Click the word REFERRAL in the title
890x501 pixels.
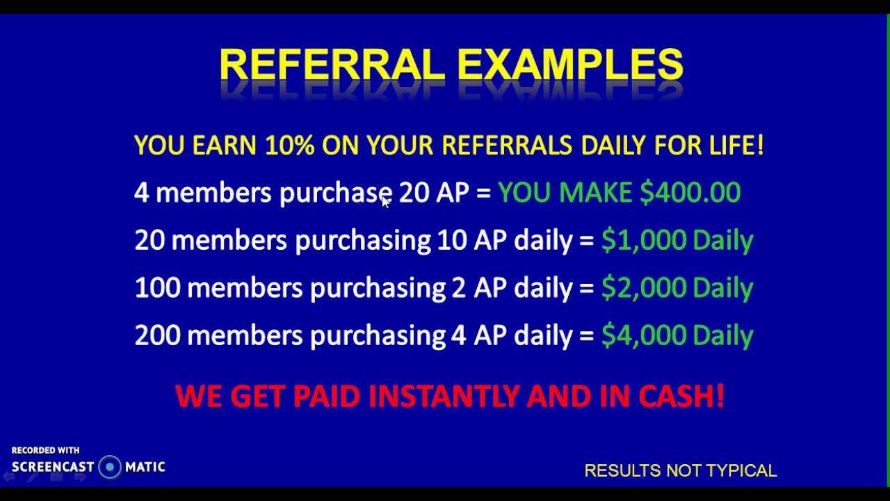coord(332,65)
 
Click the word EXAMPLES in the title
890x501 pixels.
coord(570,65)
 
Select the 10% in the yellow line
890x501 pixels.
coord(290,145)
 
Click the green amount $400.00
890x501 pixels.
coord(690,193)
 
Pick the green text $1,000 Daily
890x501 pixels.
coord(677,240)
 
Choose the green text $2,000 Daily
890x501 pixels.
coord(677,287)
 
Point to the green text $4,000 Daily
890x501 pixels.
coord(677,335)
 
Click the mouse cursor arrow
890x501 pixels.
coord(386,201)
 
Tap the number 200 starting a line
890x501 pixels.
coord(157,335)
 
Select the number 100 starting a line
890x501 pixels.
coord(157,287)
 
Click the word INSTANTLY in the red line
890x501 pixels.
coord(444,396)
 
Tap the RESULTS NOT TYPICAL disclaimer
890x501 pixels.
coord(680,471)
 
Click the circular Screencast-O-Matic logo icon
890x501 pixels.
coord(110,467)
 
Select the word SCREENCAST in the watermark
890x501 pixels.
coord(53,467)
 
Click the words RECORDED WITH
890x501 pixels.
coord(45,450)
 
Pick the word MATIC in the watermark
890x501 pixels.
coord(145,467)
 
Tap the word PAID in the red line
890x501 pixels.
coord(327,396)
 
